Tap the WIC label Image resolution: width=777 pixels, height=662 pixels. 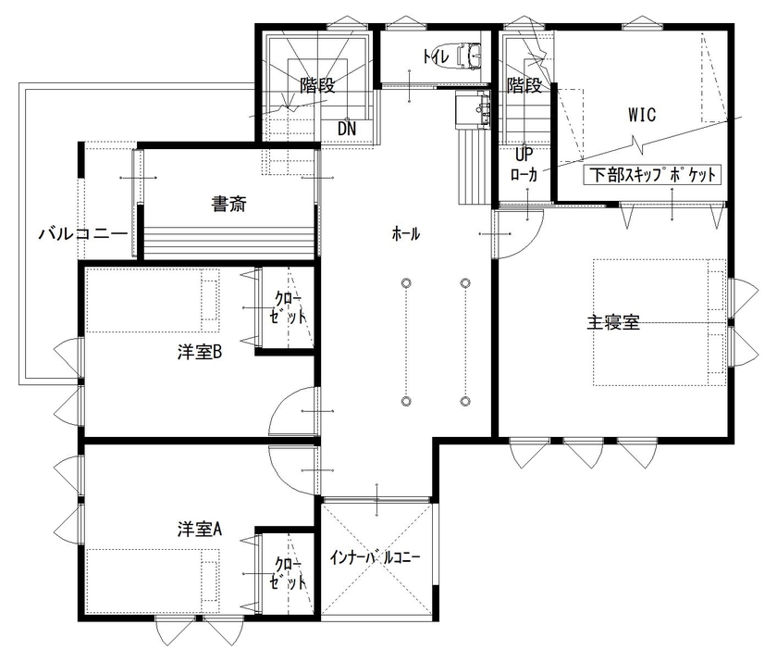(642, 116)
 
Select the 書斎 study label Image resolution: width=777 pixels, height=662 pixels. (228, 205)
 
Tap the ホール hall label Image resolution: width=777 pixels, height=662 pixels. (406, 234)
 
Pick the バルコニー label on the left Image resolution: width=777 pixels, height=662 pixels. (82, 233)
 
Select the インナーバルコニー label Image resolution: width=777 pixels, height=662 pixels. (376, 558)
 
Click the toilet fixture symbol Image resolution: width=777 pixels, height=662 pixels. (468, 57)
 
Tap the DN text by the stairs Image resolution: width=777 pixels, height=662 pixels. (347, 128)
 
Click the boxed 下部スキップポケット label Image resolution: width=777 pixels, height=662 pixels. (652, 174)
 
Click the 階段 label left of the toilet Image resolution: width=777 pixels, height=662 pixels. (316, 87)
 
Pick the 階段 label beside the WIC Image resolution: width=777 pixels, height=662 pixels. (524, 87)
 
